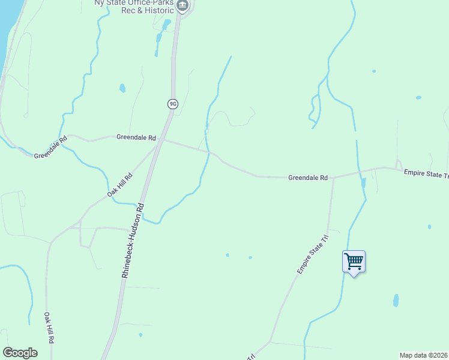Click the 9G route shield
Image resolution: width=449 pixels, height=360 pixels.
173,104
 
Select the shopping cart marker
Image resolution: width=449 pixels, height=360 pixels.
354,262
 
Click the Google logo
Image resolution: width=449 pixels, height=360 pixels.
20,353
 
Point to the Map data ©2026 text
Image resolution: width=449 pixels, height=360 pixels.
424,355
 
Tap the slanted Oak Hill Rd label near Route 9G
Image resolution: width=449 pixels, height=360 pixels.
120,185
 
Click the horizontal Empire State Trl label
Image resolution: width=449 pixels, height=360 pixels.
426,174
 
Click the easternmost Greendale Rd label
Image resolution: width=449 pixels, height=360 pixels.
308,178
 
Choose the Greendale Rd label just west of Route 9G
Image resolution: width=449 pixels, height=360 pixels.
136,137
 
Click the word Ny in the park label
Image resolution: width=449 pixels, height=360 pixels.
100,3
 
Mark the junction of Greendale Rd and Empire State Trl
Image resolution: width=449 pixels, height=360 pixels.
334,178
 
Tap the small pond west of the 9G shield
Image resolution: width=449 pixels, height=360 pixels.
122,88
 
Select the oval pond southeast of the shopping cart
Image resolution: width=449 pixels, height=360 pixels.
396,300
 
